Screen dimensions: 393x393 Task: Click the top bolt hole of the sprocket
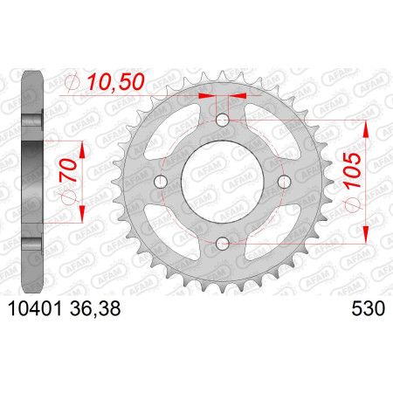click(223, 120)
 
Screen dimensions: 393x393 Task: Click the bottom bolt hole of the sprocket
click(223, 244)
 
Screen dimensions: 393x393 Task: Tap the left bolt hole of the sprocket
click(161, 182)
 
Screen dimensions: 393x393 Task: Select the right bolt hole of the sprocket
click(285, 182)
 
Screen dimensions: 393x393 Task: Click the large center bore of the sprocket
click(223, 182)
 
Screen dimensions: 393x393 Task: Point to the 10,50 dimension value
click(116, 81)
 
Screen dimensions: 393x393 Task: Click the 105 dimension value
click(352, 169)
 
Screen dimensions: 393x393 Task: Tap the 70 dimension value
click(68, 170)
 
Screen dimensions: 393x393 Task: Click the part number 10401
click(35, 308)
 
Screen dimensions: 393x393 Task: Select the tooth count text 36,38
click(95, 308)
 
